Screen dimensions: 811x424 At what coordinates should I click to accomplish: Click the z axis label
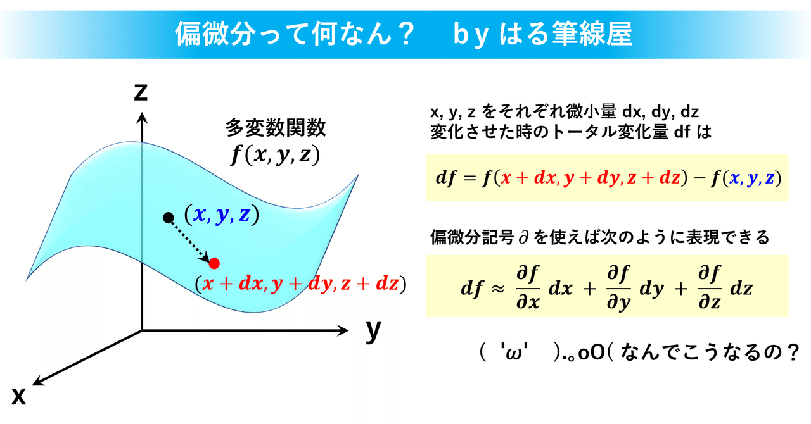coord(141,92)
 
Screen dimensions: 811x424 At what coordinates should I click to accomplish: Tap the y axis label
coord(373,331)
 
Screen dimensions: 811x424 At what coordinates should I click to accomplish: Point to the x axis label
coord(19,396)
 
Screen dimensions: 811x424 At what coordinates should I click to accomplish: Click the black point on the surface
coord(169,218)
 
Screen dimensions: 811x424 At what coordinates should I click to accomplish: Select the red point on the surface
coord(214,263)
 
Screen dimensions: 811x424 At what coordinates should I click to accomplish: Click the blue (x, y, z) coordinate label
coord(222,215)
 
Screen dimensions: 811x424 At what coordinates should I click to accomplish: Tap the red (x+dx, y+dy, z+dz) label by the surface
coord(300,284)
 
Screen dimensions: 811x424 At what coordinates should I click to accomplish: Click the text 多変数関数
coord(276,128)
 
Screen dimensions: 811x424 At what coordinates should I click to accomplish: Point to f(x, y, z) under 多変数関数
coord(275,155)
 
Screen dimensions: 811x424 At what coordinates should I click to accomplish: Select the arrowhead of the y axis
coord(343,330)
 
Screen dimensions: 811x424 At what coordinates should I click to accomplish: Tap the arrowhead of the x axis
coord(37,381)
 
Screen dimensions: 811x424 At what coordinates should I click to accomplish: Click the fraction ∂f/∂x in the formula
coord(528,287)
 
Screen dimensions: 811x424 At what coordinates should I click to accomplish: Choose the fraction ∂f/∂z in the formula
coord(710,287)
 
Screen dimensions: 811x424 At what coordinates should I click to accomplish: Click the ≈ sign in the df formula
coord(497,289)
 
